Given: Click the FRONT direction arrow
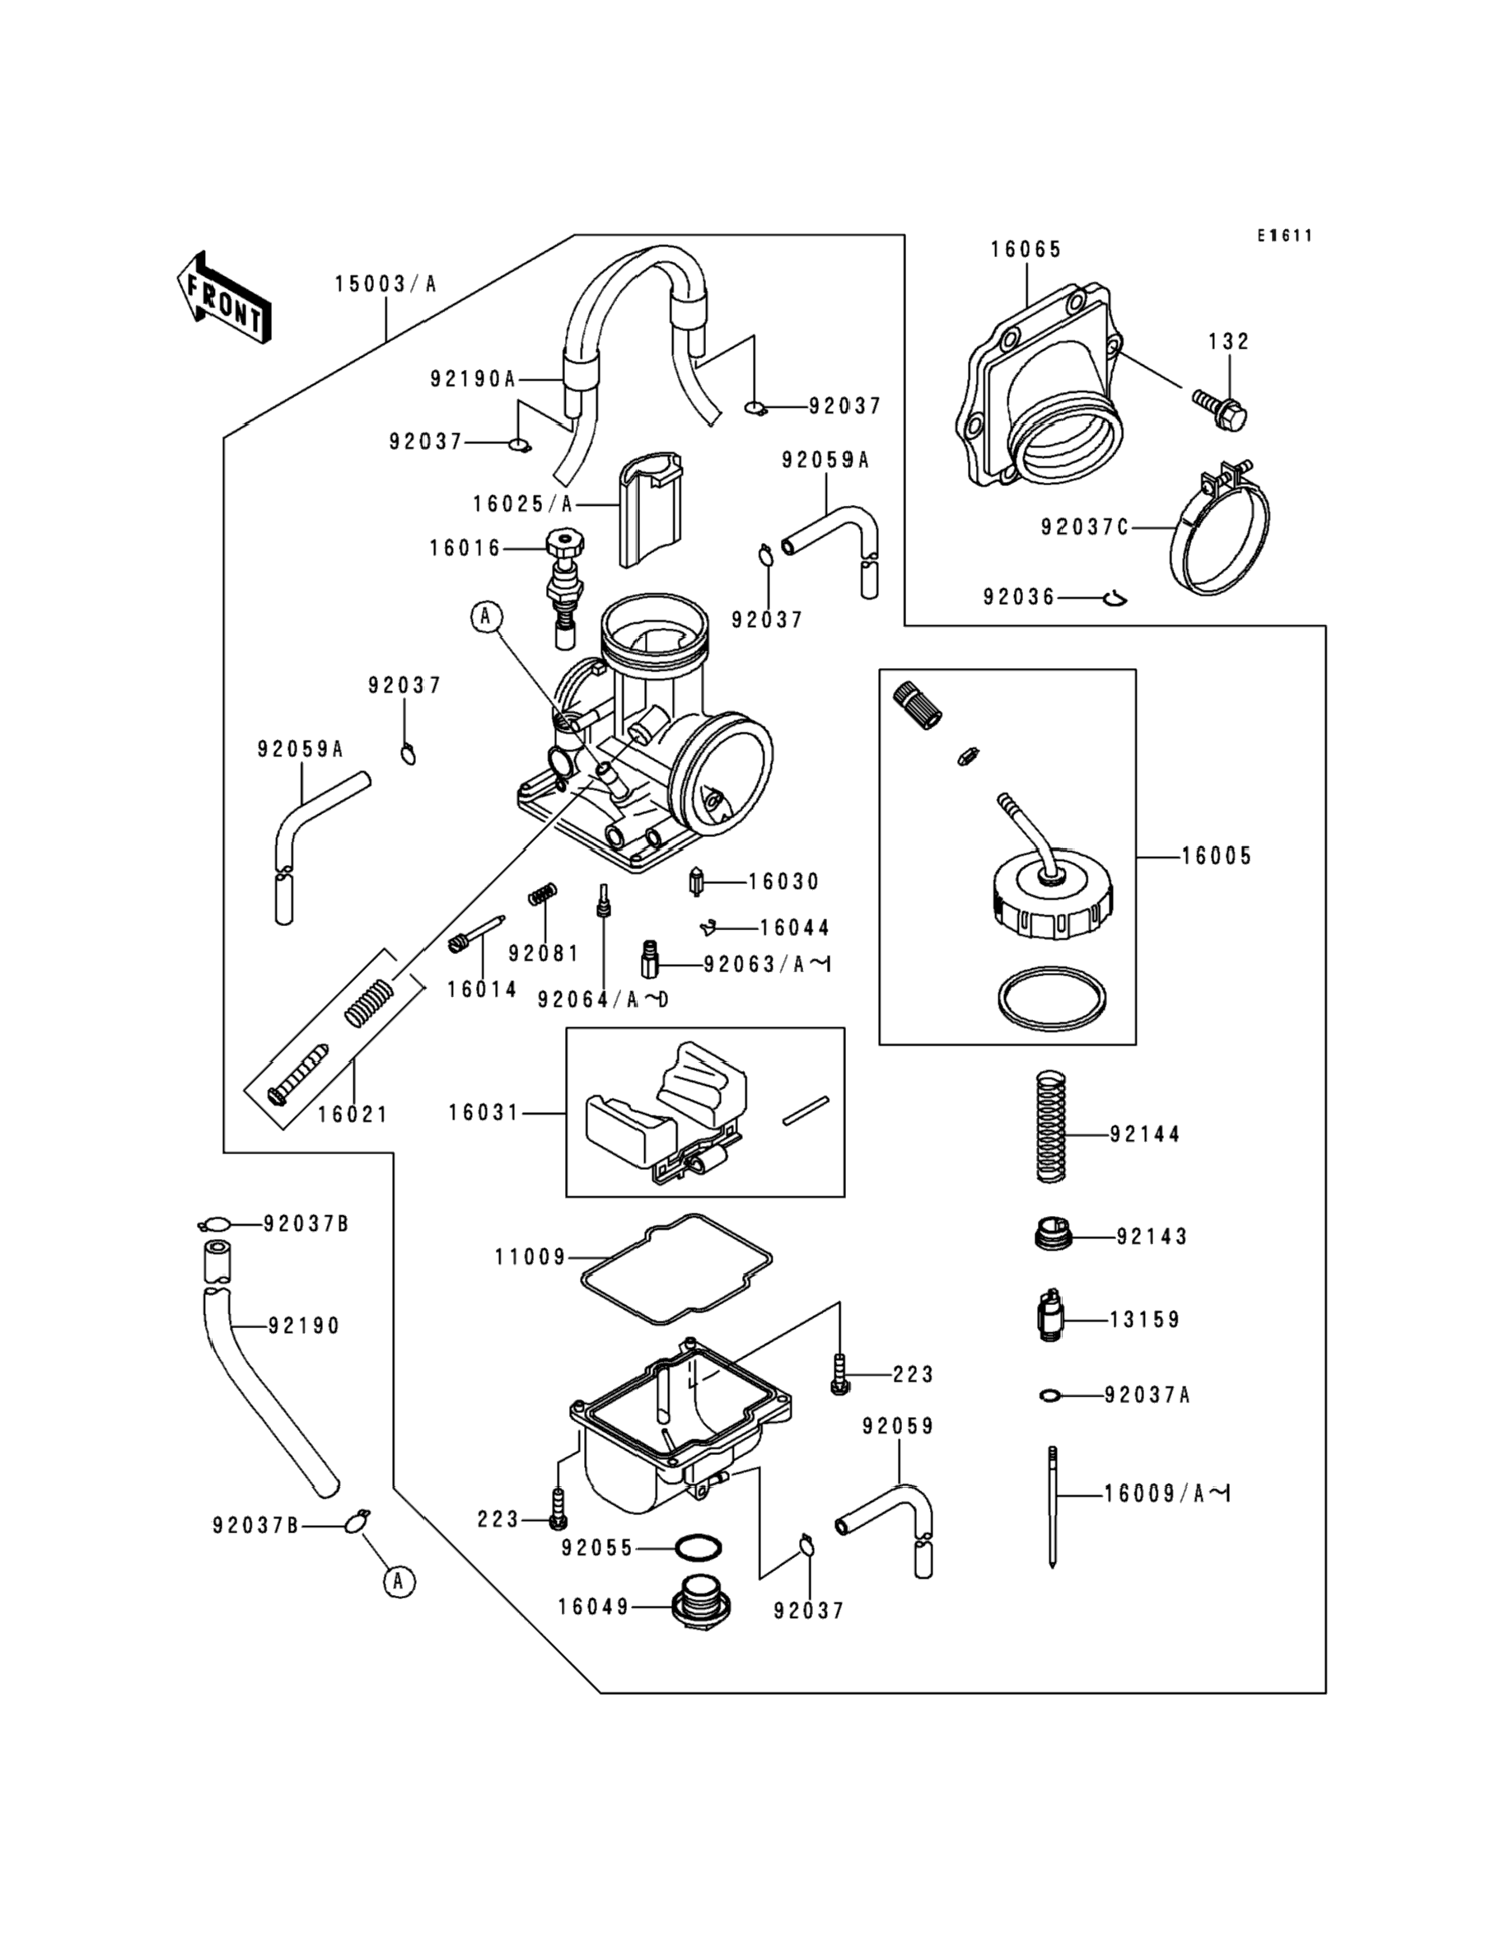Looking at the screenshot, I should [224, 298].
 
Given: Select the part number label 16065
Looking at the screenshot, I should [1026, 250].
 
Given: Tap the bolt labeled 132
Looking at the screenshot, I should [1220, 409].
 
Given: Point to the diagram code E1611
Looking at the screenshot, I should [1285, 236].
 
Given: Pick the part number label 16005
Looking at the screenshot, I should [1217, 856].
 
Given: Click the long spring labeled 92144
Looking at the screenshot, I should [1051, 1126].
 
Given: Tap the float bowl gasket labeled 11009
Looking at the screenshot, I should [676, 1270].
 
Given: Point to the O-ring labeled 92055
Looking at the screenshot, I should [698, 1547].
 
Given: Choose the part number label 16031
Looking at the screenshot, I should [483, 1113].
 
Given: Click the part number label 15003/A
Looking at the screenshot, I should [386, 285].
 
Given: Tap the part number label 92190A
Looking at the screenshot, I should [472, 380].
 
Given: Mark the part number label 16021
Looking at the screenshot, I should [353, 1115].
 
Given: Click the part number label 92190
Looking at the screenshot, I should [304, 1326].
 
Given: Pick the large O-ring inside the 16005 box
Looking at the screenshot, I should [1052, 999].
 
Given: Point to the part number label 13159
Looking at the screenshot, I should [1145, 1320].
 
